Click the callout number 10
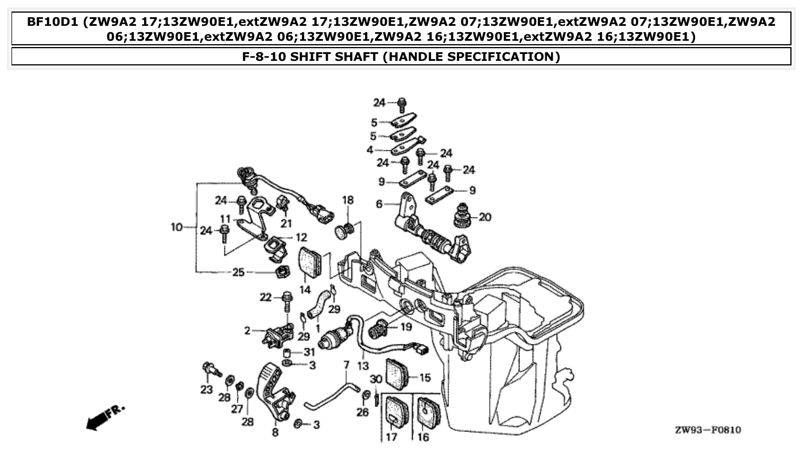[176, 227]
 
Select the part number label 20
[485, 218]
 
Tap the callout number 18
[348, 200]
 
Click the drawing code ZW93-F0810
[707, 430]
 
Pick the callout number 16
[424, 438]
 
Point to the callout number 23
[206, 390]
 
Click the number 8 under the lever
[276, 432]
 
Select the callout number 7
[346, 364]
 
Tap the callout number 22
[265, 297]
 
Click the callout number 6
[379, 204]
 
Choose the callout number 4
[370, 150]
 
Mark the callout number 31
[309, 352]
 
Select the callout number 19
[406, 328]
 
